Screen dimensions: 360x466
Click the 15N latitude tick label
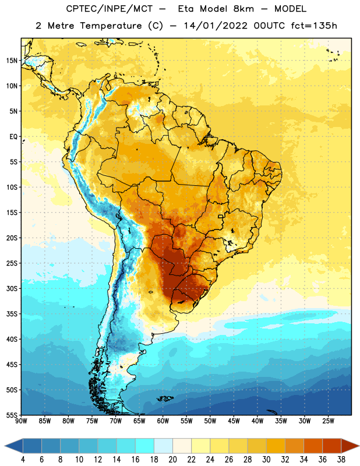coord(12,61)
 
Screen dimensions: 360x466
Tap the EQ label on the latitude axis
coord(13,137)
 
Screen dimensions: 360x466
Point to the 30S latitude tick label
coord(12,288)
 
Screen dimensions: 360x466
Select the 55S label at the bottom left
coord(12,415)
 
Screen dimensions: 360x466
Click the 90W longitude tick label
coord(21,421)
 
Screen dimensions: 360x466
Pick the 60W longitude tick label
coord(163,421)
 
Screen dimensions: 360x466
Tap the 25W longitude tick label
coord(328,421)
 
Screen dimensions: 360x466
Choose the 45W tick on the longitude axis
coord(234,421)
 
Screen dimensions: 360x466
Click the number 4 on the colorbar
coord(23,460)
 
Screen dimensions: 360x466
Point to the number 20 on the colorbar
coord(172,460)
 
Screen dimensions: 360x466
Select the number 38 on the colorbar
coord(341,460)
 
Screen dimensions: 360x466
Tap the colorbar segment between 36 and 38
coord(332,446)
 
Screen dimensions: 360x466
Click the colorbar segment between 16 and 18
coord(145,446)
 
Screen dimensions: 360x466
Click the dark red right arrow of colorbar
coord(350,446)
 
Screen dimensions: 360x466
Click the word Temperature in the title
coord(111,26)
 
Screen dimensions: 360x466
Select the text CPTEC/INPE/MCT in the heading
coord(110,9)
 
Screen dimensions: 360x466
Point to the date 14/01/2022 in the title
coord(216,26)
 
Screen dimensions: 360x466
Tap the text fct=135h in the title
coord(314,26)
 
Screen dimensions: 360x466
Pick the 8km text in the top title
coord(243,9)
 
